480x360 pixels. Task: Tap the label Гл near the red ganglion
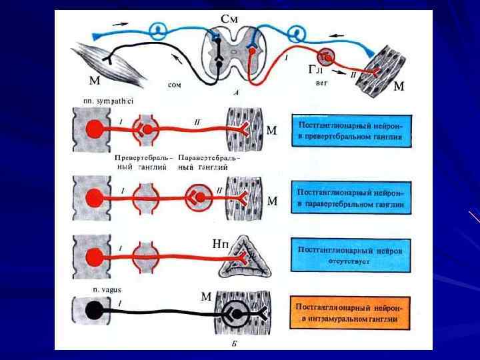click(x=315, y=69)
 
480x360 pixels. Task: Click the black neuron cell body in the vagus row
click(x=94, y=311)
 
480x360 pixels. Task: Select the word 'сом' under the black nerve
click(x=174, y=85)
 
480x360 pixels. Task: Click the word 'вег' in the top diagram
click(x=320, y=84)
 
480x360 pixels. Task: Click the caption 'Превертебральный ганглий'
click(x=144, y=163)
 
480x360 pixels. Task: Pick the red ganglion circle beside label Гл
click(x=326, y=57)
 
